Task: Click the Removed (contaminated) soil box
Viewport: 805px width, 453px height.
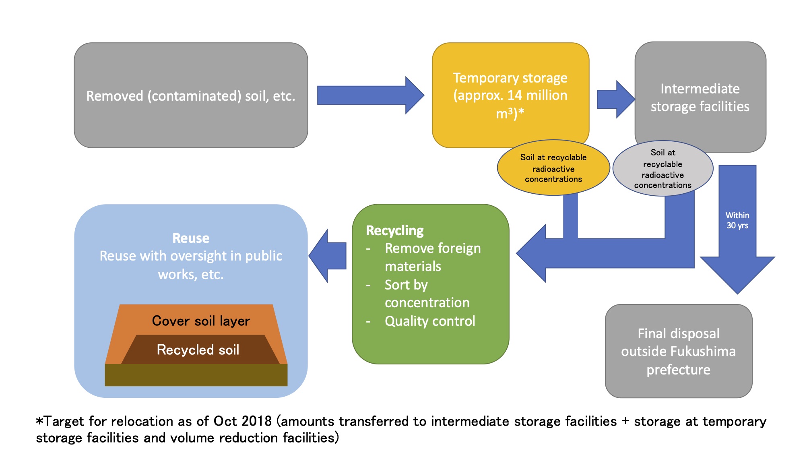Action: [x=191, y=95]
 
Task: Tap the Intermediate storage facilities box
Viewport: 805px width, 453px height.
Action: [x=700, y=97]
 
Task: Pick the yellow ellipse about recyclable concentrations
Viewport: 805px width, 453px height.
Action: [x=553, y=168]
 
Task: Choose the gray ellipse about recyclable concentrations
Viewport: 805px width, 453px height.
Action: [x=663, y=169]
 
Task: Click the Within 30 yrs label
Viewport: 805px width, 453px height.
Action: [x=737, y=220]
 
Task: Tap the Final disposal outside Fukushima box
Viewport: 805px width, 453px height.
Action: [x=678, y=351]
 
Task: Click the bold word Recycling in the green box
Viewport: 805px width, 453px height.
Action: [x=394, y=230]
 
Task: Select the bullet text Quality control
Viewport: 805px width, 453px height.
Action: [x=429, y=321]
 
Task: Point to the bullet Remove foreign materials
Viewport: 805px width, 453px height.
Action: [x=432, y=257]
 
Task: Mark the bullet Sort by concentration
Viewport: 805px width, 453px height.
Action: [x=427, y=294]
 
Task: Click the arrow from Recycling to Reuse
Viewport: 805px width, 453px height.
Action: [x=328, y=256]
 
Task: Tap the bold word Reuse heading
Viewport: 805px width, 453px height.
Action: [x=191, y=238]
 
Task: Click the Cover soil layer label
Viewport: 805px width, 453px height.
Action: [x=201, y=321]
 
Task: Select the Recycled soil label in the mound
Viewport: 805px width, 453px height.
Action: [x=198, y=350]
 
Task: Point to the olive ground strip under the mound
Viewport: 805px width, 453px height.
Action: [x=196, y=375]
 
